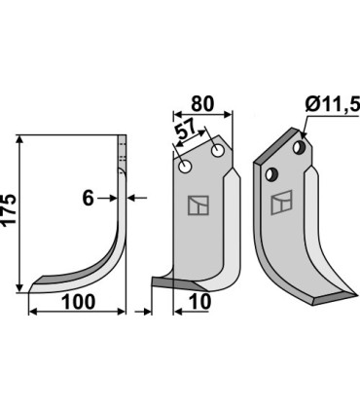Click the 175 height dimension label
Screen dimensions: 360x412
pos(9,209)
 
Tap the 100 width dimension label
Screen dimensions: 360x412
pos(78,302)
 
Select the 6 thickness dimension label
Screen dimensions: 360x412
pos(88,198)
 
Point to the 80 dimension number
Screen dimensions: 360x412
pos(202,104)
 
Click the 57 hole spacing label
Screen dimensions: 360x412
pos(185,129)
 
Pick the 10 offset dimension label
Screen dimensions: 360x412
pos(199,302)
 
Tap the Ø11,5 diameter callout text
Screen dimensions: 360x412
pos(333,104)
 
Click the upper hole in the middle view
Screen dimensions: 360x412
pos(217,151)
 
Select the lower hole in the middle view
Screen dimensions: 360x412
pos(186,168)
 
